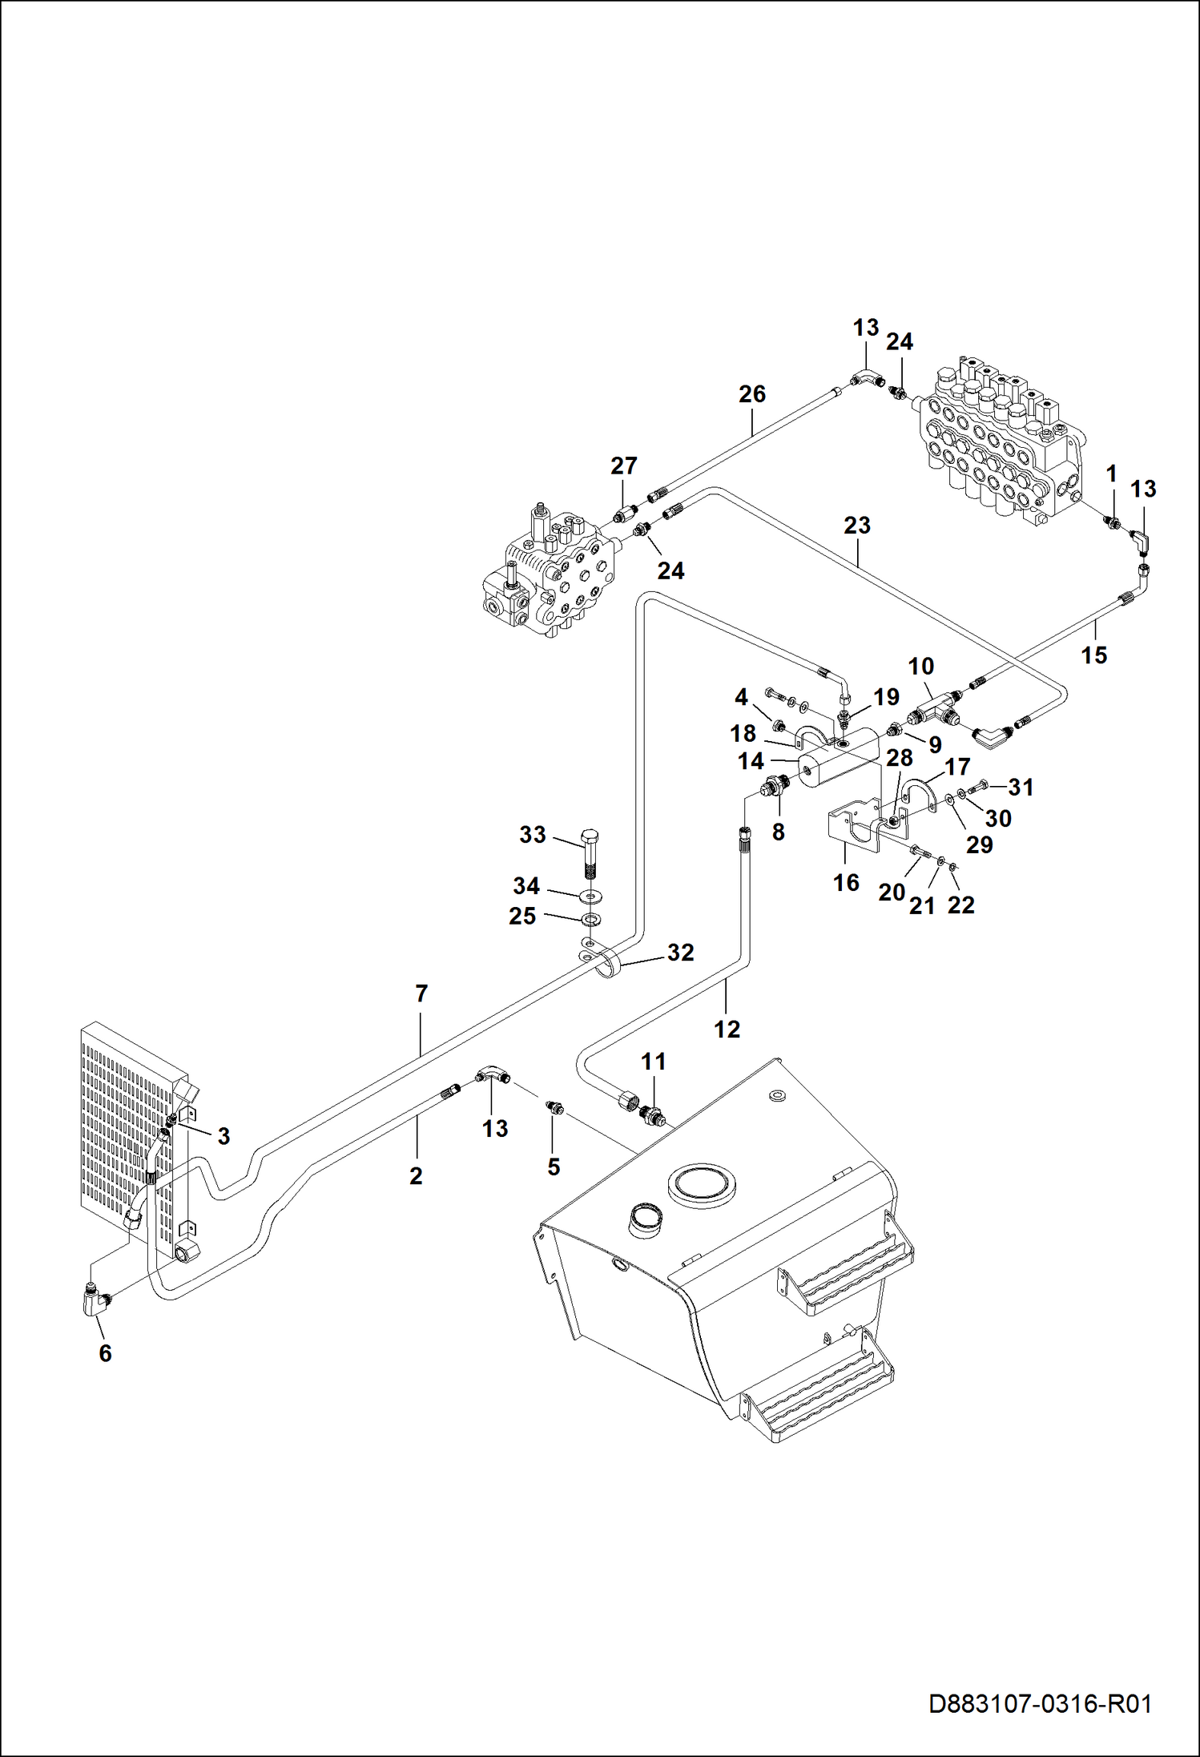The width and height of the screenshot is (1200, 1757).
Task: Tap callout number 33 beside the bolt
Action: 533,835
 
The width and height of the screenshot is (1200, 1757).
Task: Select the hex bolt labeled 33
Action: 590,854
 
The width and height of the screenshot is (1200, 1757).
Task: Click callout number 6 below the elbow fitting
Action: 105,1353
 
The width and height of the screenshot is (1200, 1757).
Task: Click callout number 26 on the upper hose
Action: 752,394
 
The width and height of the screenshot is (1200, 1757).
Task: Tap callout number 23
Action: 856,526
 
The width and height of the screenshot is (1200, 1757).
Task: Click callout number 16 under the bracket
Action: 846,883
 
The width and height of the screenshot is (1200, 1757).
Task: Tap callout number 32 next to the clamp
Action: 680,953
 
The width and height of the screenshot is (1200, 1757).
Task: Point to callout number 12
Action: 727,1030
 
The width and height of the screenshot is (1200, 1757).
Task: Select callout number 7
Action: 421,994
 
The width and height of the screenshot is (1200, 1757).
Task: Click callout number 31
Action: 1021,788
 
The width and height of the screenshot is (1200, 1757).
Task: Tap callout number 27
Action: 624,465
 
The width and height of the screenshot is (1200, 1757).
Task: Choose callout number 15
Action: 1093,655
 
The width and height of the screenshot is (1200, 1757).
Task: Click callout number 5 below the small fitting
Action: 554,1167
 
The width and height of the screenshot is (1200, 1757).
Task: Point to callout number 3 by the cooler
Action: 223,1136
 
